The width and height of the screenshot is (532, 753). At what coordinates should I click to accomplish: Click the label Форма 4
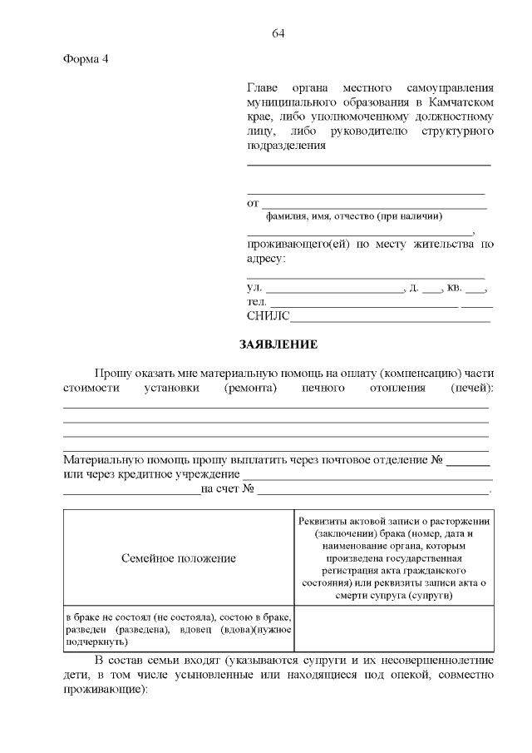coord(86,59)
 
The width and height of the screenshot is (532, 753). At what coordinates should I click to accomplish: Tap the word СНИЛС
coord(267,316)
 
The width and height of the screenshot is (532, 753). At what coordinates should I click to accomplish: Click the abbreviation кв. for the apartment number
coord(454,288)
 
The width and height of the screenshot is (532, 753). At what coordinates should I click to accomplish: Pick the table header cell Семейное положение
coord(179,558)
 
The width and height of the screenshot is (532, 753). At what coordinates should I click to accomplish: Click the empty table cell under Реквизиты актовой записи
coord(392,630)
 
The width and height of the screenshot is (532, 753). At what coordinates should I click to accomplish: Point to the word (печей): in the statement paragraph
coord(471,388)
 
